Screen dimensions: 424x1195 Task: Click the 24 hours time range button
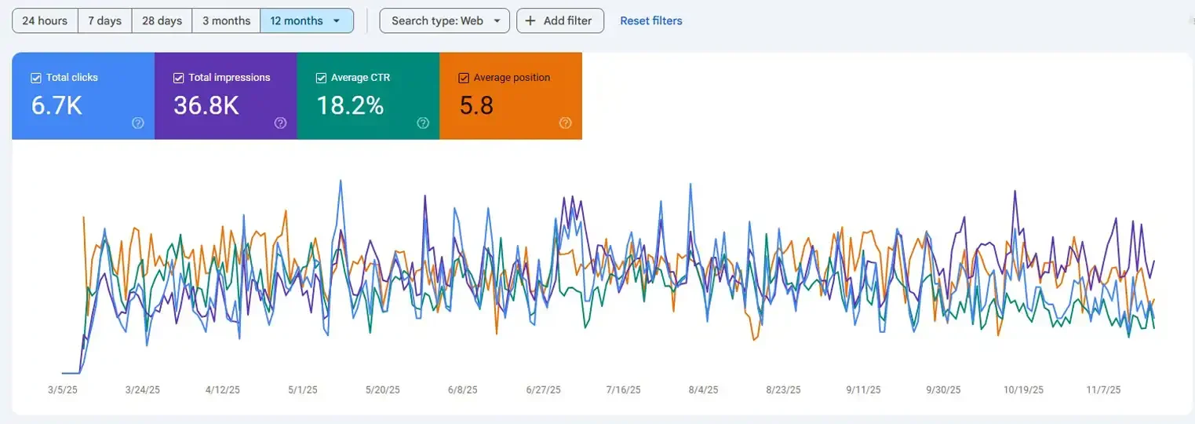click(45, 21)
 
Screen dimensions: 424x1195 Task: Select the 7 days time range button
click(104, 21)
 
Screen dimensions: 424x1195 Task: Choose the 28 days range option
click(162, 21)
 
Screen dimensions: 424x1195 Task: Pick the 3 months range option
click(226, 21)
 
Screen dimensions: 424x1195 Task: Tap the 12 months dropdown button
click(306, 21)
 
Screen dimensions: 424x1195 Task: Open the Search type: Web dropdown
click(444, 21)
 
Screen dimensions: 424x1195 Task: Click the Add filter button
click(559, 21)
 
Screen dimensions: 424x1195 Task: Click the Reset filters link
click(650, 21)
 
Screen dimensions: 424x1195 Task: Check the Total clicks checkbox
click(35, 78)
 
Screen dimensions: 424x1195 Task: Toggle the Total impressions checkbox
click(178, 78)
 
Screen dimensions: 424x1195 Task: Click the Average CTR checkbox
click(320, 78)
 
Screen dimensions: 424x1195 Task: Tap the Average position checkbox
click(463, 78)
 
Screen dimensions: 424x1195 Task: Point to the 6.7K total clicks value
click(56, 106)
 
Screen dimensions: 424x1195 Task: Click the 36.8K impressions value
click(206, 106)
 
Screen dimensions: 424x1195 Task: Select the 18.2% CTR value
click(350, 106)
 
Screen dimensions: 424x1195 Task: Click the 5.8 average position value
click(476, 106)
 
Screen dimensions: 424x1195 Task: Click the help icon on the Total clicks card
click(138, 123)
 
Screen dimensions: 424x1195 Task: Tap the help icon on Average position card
click(565, 123)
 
